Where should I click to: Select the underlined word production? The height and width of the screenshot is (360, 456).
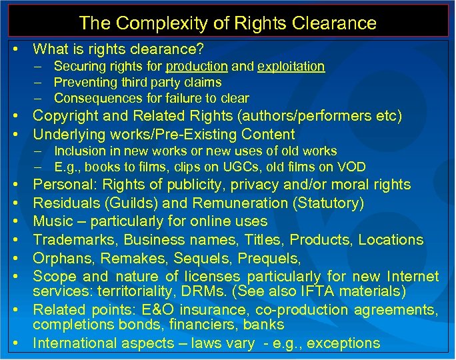pos(195,66)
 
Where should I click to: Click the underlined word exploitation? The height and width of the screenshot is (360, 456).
pos(291,66)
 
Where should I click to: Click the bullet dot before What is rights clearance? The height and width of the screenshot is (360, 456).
pos(15,49)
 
